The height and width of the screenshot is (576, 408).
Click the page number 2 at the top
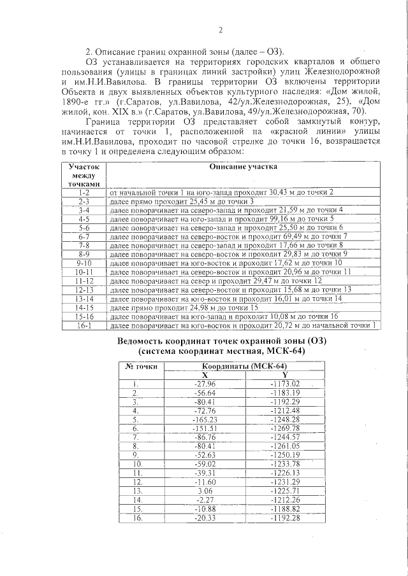(x=220, y=30)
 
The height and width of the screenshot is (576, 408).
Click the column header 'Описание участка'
(x=244, y=166)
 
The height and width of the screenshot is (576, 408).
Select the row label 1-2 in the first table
(x=84, y=192)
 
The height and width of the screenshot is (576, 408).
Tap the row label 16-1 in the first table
(x=84, y=325)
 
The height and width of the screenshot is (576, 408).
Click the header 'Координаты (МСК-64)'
(x=237, y=367)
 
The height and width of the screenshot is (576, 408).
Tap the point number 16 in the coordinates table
(x=135, y=519)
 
